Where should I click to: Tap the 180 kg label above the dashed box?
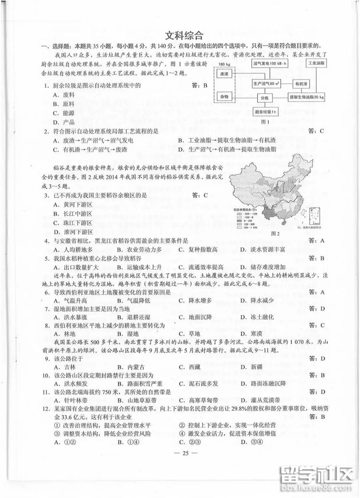224,64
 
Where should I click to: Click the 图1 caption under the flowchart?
264,122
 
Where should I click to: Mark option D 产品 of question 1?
64,122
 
